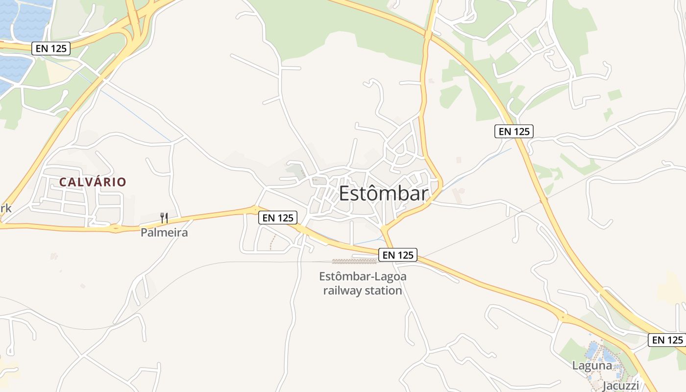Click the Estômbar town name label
tap(384, 194)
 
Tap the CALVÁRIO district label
tap(93, 182)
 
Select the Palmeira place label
tap(164, 232)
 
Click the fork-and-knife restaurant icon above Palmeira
tap(164, 218)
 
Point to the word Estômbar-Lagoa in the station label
tap(363, 276)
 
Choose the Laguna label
tap(592, 366)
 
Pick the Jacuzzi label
tap(621, 386)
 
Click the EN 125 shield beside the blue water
tap(51, 49)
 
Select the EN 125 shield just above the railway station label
tap(397, 255)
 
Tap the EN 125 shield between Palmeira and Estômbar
tap(278, 218)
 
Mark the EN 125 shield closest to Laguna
tap(667, 340)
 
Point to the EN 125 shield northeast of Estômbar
tap(514, 131)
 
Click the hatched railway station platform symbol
tap(348, 261)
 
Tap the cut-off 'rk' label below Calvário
tap(5, 209)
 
